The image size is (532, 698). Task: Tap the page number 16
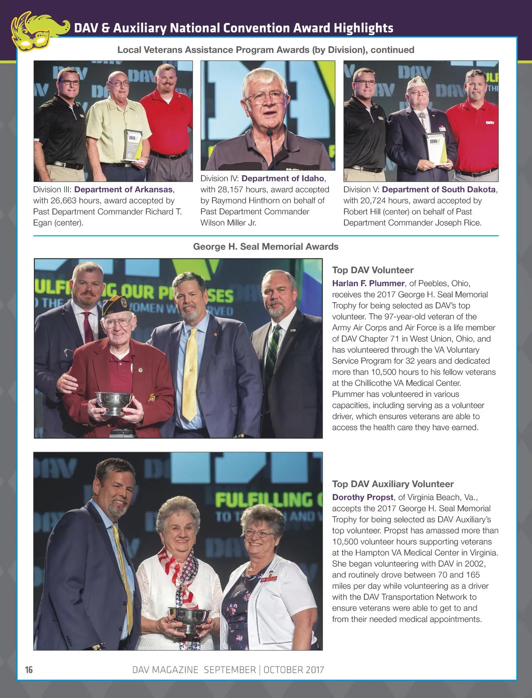pyautogui.click(x=29, y=670)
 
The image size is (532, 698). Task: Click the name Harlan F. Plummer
pyautogui.click(x=368, y=283)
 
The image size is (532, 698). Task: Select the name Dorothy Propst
pyautogui.click(x=363, y=497)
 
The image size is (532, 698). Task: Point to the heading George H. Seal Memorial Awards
pyautogui.click(x=266, y=247)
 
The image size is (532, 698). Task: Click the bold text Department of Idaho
pyautogui.click(x=283, y=178)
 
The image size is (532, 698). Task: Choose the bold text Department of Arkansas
pyautogui.click(x=123, y=189)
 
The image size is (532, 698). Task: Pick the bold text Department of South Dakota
pyautogui.click(x=438, y=189)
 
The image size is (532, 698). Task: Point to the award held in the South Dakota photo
pyautogui.click(x=436, y=148)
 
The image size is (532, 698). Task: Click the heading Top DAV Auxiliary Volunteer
pyautogui.click(x=393, y=484)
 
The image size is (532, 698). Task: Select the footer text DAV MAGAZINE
pyautogui.click(x=165, y=670)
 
